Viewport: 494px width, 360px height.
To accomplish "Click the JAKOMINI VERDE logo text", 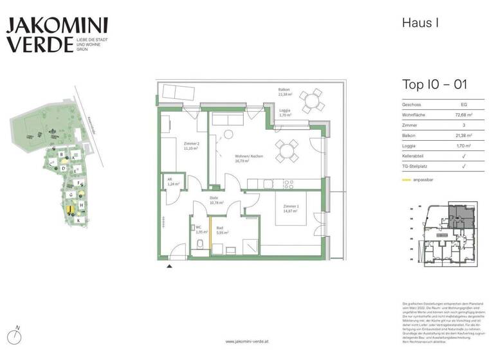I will (x=57, y=35).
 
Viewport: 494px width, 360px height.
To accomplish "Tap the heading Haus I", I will (x=420, y=23).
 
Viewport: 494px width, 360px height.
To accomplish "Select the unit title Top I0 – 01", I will (x=434, y=85).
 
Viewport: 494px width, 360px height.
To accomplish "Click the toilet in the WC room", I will (x=201, y=243).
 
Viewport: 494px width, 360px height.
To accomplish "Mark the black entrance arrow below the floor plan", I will (x=169, y=265).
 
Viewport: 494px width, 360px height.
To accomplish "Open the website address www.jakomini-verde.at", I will (x=247, y=341).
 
